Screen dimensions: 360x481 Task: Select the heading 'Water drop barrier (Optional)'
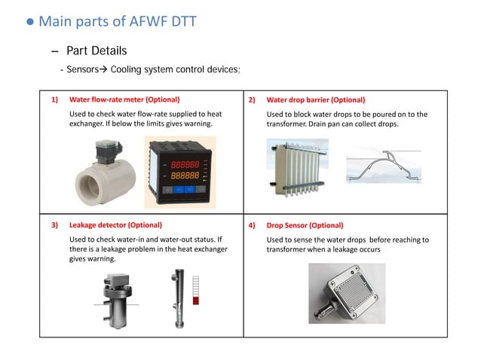(316, 99)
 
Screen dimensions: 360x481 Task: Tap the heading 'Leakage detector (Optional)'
(115, 224)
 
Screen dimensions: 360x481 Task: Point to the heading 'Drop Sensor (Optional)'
(305, 224)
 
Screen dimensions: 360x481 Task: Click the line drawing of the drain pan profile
(388, 168)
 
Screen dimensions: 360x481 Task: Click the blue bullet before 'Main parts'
(31, 22)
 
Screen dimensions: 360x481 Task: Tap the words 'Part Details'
(97, 50)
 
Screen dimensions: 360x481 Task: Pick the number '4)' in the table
(252, 224)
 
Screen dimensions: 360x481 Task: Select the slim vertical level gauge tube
(181, 294)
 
